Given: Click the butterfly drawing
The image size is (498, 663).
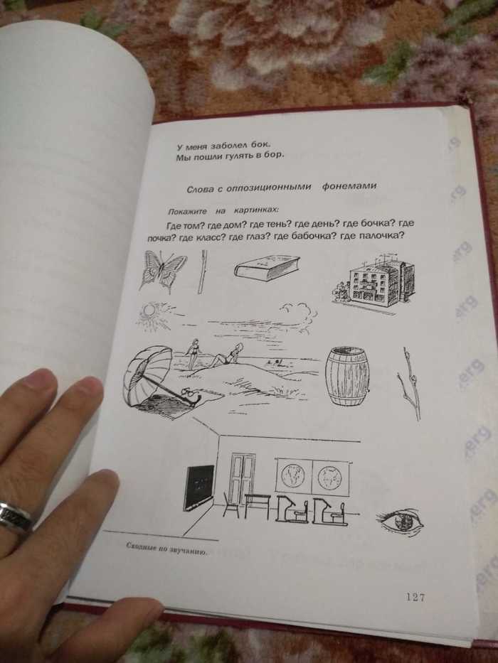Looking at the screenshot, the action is click(163, 271).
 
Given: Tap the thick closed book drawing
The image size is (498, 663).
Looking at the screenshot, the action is click(267, 268).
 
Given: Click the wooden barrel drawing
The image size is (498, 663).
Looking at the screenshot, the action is click(347, 377).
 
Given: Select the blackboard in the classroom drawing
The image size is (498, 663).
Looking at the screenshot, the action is click(198, 488).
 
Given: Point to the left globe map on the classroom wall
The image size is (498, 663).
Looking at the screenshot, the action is click(293, 475).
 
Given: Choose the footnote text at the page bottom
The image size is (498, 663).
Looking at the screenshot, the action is click(166, 549).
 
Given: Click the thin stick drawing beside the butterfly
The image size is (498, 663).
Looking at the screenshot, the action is click(203, 271).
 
